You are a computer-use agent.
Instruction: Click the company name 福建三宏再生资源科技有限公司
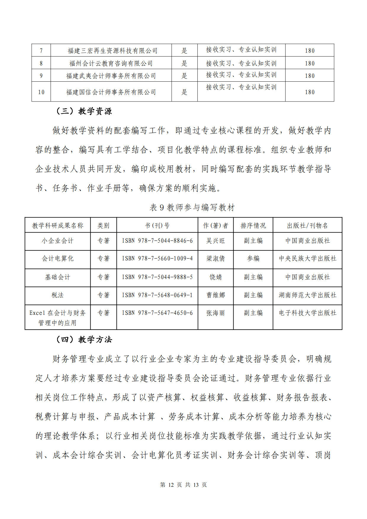112,51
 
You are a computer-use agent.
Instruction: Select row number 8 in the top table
41,63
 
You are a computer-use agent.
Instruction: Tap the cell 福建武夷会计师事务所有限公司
111,76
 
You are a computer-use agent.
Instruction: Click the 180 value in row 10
310,92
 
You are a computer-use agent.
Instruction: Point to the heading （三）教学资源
84,111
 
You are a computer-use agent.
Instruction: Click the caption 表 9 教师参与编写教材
192,208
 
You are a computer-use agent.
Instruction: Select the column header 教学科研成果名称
58,225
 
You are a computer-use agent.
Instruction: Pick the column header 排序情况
253,225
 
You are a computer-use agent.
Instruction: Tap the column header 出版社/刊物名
307,225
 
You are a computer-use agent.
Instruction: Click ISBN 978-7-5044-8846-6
157,241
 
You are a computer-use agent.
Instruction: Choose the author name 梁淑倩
215,259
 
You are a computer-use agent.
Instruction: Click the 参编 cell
253,259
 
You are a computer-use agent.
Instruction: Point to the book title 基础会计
58,277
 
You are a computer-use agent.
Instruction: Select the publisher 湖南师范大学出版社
307,295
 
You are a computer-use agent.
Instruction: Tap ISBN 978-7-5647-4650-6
157,313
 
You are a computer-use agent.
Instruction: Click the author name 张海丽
215,313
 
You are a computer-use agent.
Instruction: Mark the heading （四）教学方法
84,340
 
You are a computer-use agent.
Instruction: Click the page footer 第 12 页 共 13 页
183,485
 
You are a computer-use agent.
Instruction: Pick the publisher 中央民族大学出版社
307,259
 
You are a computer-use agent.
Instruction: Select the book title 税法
58,295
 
